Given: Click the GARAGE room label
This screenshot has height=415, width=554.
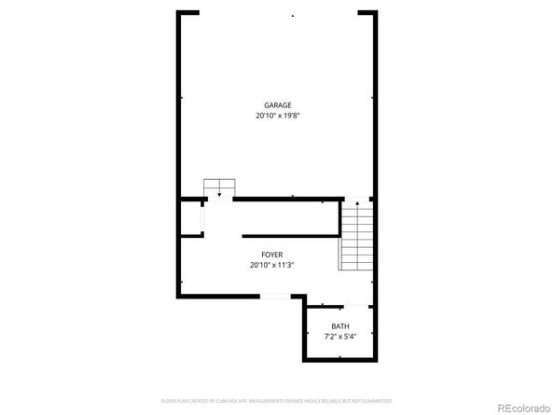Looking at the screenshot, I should click(x=277, y=105).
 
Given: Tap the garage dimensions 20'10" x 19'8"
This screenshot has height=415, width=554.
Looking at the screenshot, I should click(x=277, y=116).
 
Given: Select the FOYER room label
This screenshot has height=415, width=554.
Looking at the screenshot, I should click(x=271, y=254).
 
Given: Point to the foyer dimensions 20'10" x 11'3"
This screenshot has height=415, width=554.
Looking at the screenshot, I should click(x=271, y=264).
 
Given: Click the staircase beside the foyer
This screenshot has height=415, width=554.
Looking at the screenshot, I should click(x=355, y=238).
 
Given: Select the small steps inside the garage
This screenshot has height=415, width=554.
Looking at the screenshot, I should click(x=218, y=186).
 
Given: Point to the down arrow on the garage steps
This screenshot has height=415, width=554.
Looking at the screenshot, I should click(x=218, y=193).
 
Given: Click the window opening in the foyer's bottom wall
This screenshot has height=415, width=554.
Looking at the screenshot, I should click(x=274, y=297).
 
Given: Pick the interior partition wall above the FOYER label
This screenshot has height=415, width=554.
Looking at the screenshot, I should click(x=290, y=236).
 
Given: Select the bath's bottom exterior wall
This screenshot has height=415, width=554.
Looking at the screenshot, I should click(x=339, y=358).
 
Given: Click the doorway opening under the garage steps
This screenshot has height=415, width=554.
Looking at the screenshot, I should click(x=218, y=199).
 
